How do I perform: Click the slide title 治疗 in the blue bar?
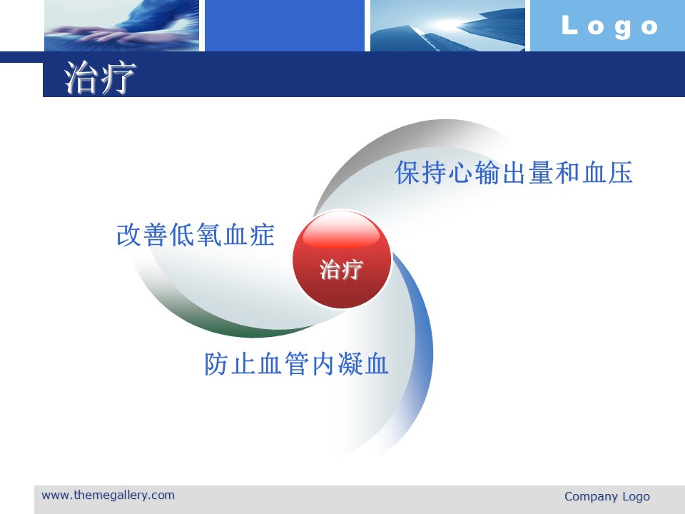pyautogui.click(x=100, y=78)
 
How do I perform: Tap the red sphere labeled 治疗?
pyautogui.click(x=342, y=260)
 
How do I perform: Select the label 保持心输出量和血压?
pyautogui.click(x=514, y=172)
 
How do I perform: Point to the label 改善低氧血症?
pyautogui.click(x=196, y=235)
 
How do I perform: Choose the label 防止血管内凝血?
pyautogui.click(x=296, y=363)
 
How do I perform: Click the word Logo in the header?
pyautogui.click(x=609, y=26)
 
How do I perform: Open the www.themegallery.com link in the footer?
pyautogui.click(x=108, y=495)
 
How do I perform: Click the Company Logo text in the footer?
pyautogui.click(x=607, y=497)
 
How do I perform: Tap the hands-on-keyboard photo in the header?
pyautogui.click(x=121, y=26)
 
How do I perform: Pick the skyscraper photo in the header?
pyautogui.click(x=447, y=26)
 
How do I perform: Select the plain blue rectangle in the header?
pyautogui.click(x=285, y=26)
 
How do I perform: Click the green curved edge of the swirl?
pyautogui.click(x=227, y=330)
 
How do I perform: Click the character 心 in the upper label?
pyautogui.click(x=460, y=172)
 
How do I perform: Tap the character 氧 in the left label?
pyautogui.click(x=209, y=235)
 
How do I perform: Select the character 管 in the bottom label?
pyautogui.click(x=296, y=363)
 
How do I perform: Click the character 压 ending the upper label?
pyautogui.click(x=621, y=172)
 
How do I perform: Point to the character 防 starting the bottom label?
pyautogui.click(x=217, y=363)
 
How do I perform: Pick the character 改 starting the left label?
pyautogui.click(x=129, y=235)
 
